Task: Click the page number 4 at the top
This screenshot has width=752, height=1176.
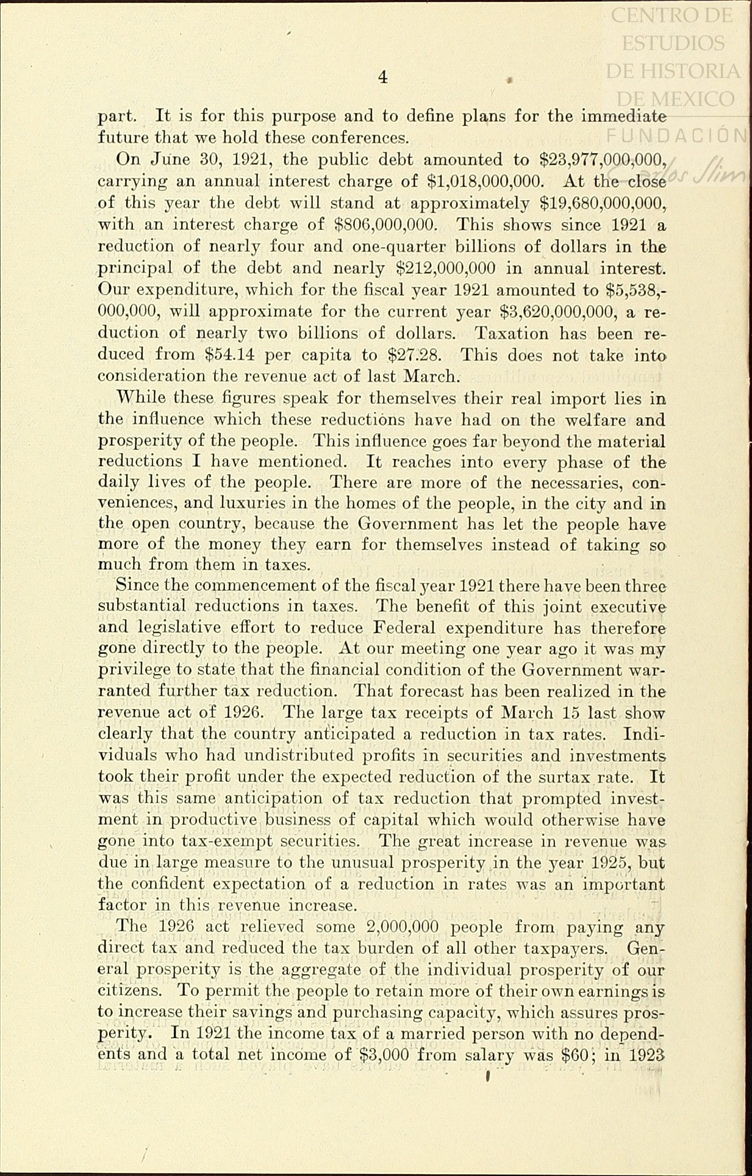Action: point(382,77)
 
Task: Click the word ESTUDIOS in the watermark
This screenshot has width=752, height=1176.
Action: point(673,43)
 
